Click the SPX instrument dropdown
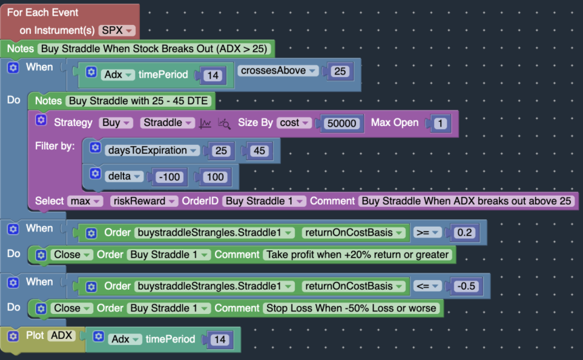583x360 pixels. pos(117,30)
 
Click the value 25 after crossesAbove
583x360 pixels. pos(340,71)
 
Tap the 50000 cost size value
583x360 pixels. pos(342,123)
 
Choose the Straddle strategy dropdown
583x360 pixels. pos(166,123)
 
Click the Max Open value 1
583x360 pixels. pos(440,123)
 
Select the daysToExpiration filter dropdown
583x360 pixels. pos(153,151)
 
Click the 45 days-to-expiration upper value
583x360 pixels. pos(259,151)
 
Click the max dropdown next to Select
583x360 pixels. pos(85,201)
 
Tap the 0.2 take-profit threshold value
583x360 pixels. pos(465,233)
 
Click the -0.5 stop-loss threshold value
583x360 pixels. pos(467,286)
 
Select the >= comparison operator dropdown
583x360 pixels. pos(426,233)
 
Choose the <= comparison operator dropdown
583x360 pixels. pos(426,286)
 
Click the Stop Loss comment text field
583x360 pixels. pos(352,309)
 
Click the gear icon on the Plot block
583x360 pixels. pos(13,336)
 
